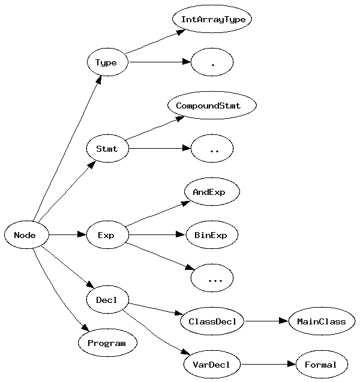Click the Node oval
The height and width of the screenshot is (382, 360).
coord(25,235)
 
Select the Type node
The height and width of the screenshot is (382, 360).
coord(106,62)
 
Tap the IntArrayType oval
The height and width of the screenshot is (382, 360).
coord(212,19)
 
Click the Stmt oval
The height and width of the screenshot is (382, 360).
coord(106,149)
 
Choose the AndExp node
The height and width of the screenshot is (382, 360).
coord(212,192)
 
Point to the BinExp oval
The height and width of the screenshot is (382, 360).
coord(211,235)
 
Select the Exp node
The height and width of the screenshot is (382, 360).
coord(106,235)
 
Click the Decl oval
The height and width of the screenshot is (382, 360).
coord(107,300)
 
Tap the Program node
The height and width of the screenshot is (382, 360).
coord(107,343)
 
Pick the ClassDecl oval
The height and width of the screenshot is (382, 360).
coord(212,321)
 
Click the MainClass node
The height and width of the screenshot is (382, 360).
coord(321,321)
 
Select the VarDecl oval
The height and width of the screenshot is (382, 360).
coord(212,364)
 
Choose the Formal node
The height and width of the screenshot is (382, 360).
coord(321,364)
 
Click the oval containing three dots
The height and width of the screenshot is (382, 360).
coord(212,278)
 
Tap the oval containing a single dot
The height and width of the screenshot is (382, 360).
coord(212,62)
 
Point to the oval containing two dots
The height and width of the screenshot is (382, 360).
coord(212,149)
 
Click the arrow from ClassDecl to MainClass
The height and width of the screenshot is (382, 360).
coord(266,321)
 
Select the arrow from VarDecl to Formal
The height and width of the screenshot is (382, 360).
coord(268,364)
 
